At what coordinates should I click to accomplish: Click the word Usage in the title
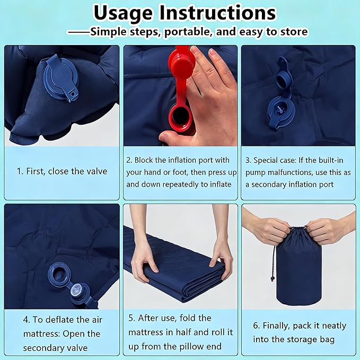[x=123, y=13]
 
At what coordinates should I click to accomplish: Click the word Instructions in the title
[x=218, y=12]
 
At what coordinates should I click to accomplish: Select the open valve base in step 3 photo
[x=281, y=112]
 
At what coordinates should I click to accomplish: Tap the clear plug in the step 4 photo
[x=77, y=290]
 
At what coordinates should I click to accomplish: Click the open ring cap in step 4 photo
[x=59, y=275]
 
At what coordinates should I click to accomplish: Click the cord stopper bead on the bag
[x=273, y=279]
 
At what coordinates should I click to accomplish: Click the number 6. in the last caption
[x=257, y=326]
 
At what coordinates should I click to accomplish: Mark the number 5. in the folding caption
[x=132, y=318]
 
